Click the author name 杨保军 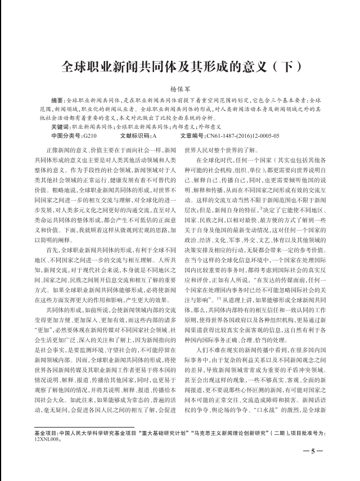181,89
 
